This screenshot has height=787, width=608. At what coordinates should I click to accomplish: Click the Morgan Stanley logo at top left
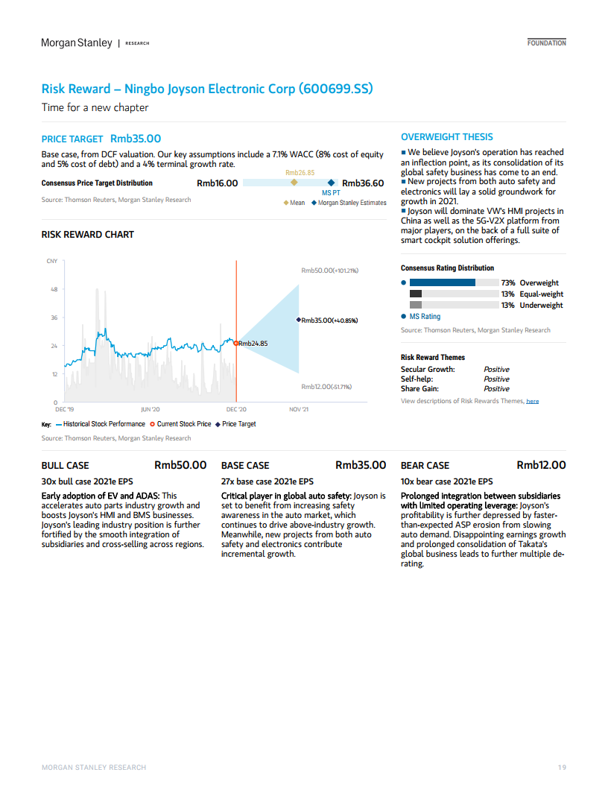point(77,42)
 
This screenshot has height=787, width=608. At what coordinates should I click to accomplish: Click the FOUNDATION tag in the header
point(546,43)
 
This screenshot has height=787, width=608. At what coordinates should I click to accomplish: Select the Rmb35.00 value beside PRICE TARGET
point(136,139)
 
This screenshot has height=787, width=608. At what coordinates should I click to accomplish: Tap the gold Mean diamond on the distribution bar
point(294,182)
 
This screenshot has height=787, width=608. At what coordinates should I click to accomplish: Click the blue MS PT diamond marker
point(331,183)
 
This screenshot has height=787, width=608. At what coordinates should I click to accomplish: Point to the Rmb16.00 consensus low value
point(218,183)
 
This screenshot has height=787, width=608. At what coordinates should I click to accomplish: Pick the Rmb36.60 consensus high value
point(363,183)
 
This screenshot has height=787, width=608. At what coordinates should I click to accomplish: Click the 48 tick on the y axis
point(54,289)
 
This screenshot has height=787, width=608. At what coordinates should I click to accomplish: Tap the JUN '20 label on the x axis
point(151,409)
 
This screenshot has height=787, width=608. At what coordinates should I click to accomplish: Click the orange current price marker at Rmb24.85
point(236,344)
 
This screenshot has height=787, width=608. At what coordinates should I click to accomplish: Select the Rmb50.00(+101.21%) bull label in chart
point(329,270)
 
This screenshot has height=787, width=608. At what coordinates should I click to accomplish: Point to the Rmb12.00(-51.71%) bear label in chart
point(326,387)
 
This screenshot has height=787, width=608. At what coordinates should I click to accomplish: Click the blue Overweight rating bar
point(442,282)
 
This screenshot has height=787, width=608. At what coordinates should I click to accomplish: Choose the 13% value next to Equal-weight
point(507,294)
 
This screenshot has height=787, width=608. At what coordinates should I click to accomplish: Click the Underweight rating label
point(541,305)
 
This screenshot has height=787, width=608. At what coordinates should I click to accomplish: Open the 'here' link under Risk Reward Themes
point(532,401)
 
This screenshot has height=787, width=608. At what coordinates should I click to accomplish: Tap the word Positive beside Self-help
point(496,379)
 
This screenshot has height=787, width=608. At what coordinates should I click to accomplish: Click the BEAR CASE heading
point(425,465)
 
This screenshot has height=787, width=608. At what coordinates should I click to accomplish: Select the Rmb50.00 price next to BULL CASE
point(180,465)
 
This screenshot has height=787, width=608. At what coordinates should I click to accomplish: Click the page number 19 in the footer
point(562,768)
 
